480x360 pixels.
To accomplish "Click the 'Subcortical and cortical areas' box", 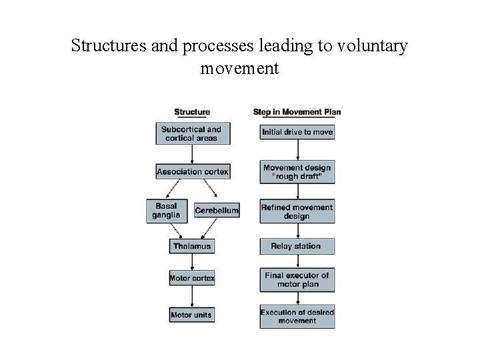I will (x=192, y=133).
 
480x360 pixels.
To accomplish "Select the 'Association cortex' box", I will (x=192, y=171).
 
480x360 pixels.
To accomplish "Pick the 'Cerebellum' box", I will (x=217, y=211).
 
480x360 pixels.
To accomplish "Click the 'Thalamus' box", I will (x=192, y=246).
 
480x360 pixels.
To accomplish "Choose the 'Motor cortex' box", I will (x=192, y=277).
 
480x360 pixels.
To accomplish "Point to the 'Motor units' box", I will (x=192, y=315).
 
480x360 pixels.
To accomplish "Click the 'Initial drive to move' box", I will (x=297, y=132).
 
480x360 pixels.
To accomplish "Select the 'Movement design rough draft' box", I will (x=297, y=172).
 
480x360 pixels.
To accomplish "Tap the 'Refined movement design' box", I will (x=297, y=211).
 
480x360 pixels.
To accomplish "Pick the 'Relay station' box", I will (x=297, y=246).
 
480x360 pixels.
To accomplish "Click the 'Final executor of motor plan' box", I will (x=297, y=279).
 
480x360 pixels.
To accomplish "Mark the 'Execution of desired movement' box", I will (x=297, y=316).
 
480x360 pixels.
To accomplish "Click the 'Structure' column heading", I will (x=192, y=112).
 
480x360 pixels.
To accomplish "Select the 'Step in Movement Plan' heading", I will (x=297, y=112).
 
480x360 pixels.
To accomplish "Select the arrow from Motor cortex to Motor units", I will (x=192, y=296).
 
